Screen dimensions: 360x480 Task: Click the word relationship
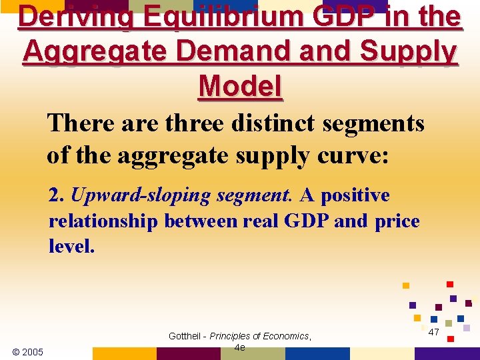point(103,221)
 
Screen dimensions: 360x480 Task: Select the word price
point(397,221)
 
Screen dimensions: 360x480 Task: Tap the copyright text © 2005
point(27,351)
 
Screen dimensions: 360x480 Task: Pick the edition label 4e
point(240,347)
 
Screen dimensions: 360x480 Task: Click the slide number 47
point(433,332)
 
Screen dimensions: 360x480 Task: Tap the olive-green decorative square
point(449,323)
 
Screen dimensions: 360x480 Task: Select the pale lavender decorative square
point(467,328)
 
